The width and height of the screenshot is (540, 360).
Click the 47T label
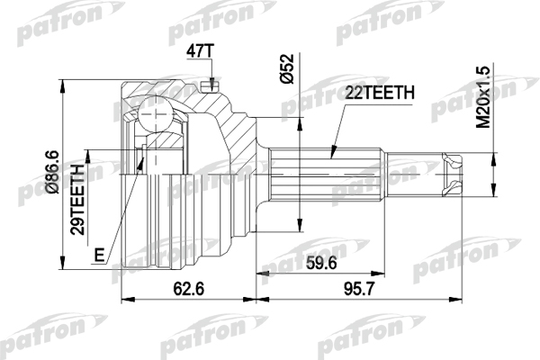[200, 51]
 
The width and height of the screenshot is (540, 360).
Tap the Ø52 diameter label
[286, 68]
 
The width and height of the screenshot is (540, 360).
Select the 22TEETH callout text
[380, 93]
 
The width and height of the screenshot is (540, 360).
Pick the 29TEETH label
[77, 200]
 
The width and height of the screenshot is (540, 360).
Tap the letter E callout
[100, 256]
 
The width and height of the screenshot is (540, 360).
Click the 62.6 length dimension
[189, 288]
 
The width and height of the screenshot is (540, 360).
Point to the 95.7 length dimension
[358, 288]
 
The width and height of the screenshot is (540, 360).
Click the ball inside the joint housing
[156, 113]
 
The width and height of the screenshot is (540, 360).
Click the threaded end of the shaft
[452, 175]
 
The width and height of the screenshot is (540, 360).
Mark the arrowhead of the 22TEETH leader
[333, 152]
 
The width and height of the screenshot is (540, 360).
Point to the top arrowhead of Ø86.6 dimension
[62, 85]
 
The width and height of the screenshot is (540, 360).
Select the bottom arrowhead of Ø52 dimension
[301, 225]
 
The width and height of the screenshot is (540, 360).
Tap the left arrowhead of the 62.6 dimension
[129, 300]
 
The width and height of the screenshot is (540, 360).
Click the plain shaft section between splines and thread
[413, 175]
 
